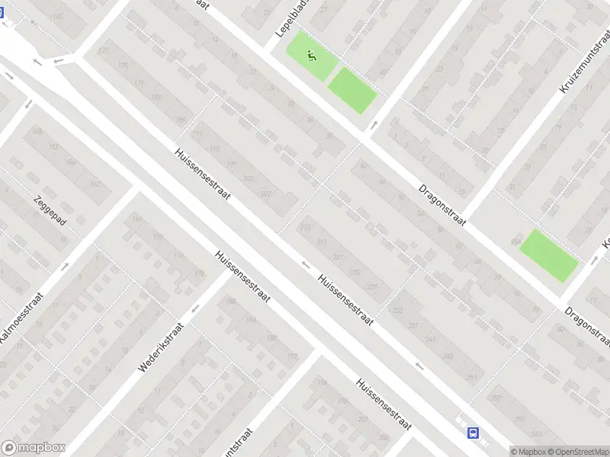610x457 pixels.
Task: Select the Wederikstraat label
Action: pyautogui.click(x=162, y=349)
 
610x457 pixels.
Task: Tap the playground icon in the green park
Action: pyautogui.click(x=310, y=55)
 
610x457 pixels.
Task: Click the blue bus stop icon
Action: pyautogui.click(x=474, y=433)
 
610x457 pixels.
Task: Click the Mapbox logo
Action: pyautogui.click(x=34, y=448)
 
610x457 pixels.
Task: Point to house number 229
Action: pyautogui.click(x=372, y=286)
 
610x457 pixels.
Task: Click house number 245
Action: pyautogui.click(x=448, y=356)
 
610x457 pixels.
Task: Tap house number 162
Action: pyautogui.click(x=95, y=184)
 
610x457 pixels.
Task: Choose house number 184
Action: pyautogui.click(x=252, y=321)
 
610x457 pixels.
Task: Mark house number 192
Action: pyautogui.click(x=293, y=356)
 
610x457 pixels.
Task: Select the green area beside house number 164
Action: pyautogui.click(x=549, y=255)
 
